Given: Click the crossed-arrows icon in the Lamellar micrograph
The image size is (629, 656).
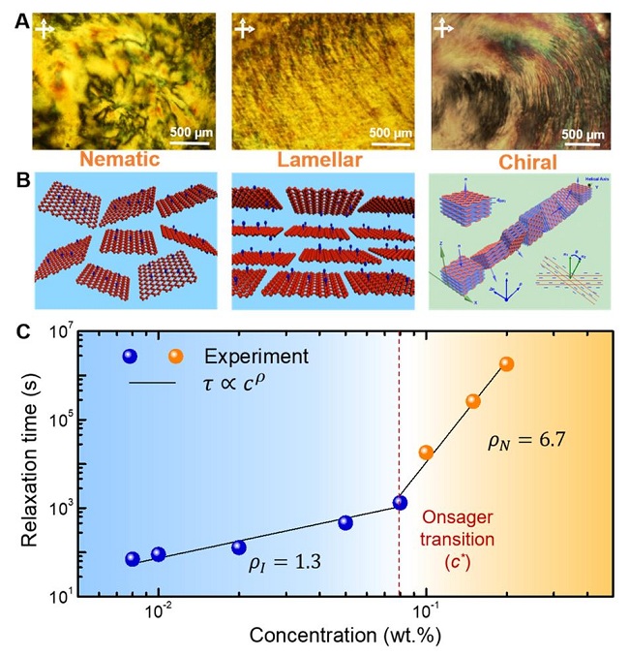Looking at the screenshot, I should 246,29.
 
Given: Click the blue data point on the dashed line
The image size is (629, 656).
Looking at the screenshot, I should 400,503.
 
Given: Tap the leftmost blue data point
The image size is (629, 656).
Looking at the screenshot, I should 133,558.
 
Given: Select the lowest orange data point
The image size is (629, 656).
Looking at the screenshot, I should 426,452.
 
